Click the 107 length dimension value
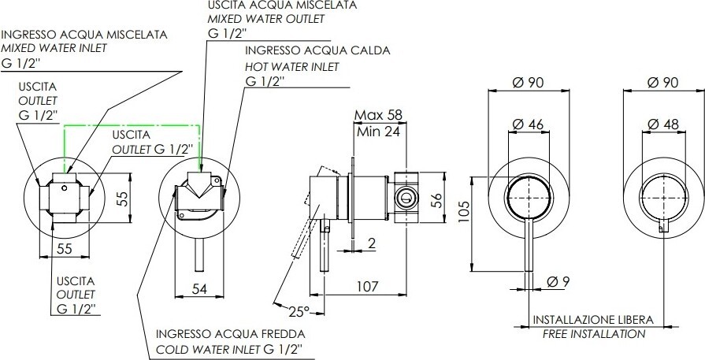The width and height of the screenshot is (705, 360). click(x=367, y=286)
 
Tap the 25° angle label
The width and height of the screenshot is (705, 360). click(x=299, y=310)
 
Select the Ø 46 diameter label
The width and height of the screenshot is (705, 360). click(x=529, y=124)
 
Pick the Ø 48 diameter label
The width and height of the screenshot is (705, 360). click(x=663, y=124)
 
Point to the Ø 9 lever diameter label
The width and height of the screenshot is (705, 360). click(x=558, y=282)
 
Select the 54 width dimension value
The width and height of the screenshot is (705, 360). click(x=199, y=289)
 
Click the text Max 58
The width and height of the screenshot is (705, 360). click(x=378, y=115)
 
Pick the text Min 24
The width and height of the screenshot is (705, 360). click(x=378, y=132)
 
